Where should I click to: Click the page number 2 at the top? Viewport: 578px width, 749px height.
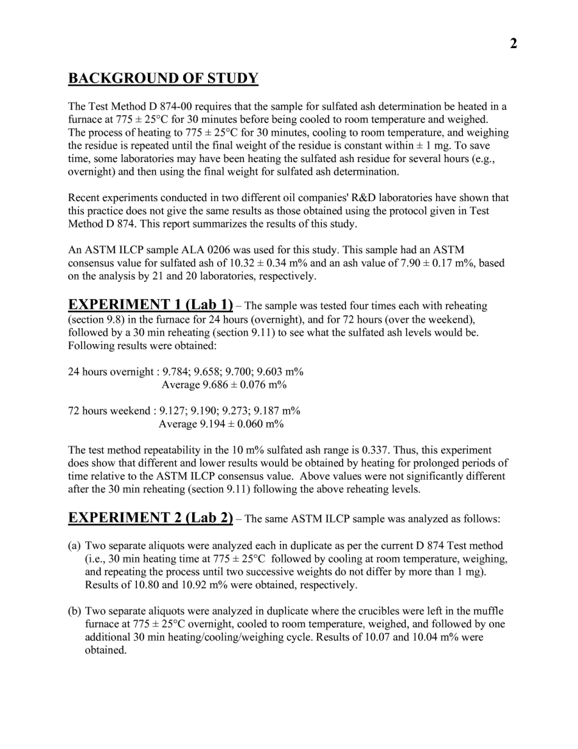tap(513, 44)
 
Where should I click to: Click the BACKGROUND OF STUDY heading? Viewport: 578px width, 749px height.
tap(163, 79)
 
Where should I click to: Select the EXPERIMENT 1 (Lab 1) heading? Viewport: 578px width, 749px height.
tap(150, 304)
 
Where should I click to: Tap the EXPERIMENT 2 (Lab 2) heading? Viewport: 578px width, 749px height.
tap(150, 518)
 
